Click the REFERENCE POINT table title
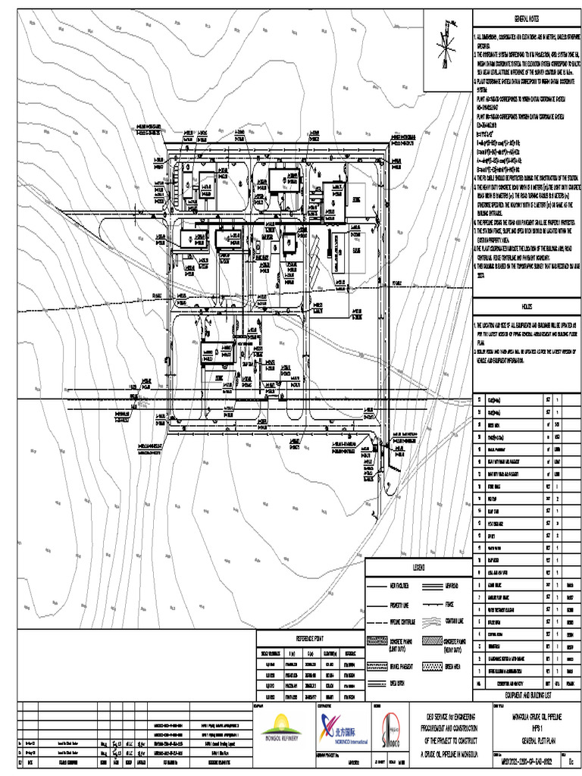click(x=310, y=639)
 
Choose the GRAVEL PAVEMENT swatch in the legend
click(x=377, y=667)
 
